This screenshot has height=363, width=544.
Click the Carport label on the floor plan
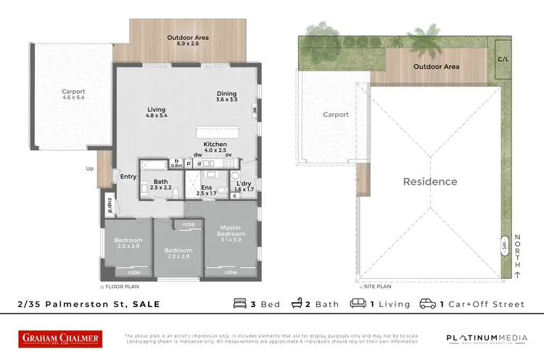73,95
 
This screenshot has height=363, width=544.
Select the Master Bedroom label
231,233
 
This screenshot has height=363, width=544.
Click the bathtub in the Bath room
154,164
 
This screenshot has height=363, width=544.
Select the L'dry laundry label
243,186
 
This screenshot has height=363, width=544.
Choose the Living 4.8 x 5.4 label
157,112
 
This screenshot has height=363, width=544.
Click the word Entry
128,176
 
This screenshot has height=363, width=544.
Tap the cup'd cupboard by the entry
109,205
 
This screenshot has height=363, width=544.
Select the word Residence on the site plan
430,181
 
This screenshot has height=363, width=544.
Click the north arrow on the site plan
516,274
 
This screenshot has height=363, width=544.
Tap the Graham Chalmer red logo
60,338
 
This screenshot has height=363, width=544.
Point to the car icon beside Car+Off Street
427,303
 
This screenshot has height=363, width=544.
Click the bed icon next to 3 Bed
240,303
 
